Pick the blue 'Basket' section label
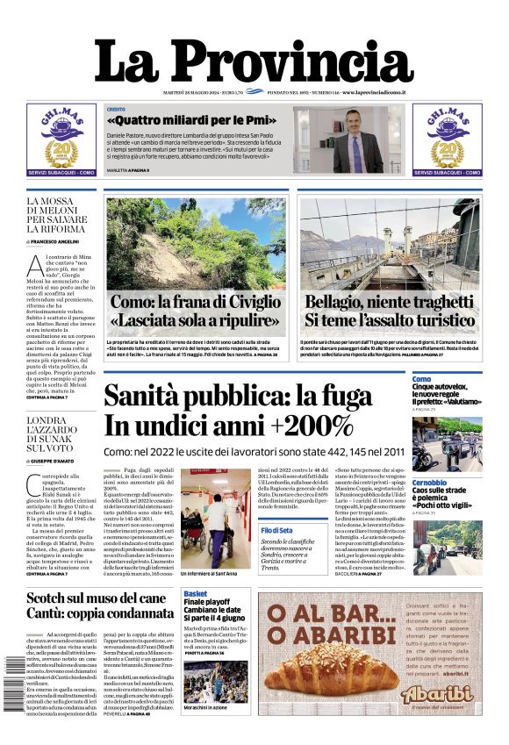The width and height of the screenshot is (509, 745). tap(196, 594)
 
